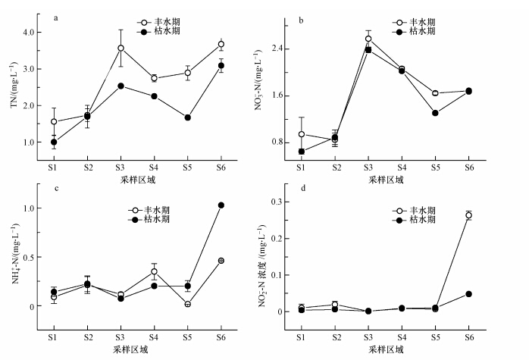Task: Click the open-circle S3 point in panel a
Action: point(121,48)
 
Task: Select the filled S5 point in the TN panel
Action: point(188,117)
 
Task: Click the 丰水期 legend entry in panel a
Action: point(159,22)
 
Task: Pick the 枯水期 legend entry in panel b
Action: point(414,31)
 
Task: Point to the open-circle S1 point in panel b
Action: point(302,134)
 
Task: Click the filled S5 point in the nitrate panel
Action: point(435,113)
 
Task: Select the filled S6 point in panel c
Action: point(221,205)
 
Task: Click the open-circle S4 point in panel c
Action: point(154,271)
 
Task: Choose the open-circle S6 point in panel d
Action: point(468,215)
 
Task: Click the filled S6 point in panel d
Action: point(468,294)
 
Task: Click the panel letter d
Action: point(302,188)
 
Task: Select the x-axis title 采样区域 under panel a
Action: point(138,180)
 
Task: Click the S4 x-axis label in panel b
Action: point(402,167)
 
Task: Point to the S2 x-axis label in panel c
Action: point(87,337)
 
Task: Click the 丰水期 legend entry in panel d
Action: point(414,211)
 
